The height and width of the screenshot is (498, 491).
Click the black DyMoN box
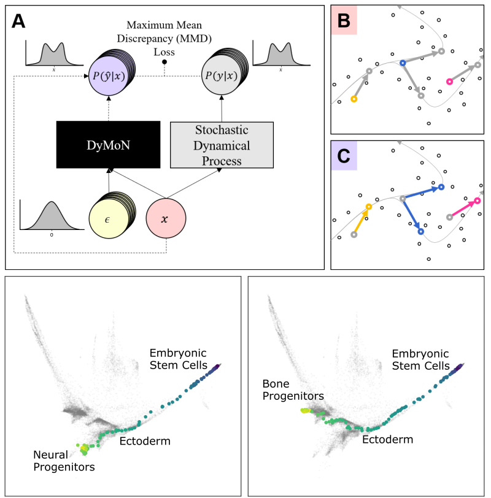point(108,144)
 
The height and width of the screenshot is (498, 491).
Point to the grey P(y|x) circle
point(221,75)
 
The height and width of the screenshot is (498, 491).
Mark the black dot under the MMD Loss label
point(164,62)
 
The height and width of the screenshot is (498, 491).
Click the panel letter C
point(344,156)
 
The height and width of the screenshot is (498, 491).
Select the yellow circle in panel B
point(354,99)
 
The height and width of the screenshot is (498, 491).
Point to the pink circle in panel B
point(449,82)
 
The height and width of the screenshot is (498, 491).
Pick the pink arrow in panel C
point(464,209)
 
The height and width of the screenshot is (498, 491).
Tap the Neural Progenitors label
point(63,461)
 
